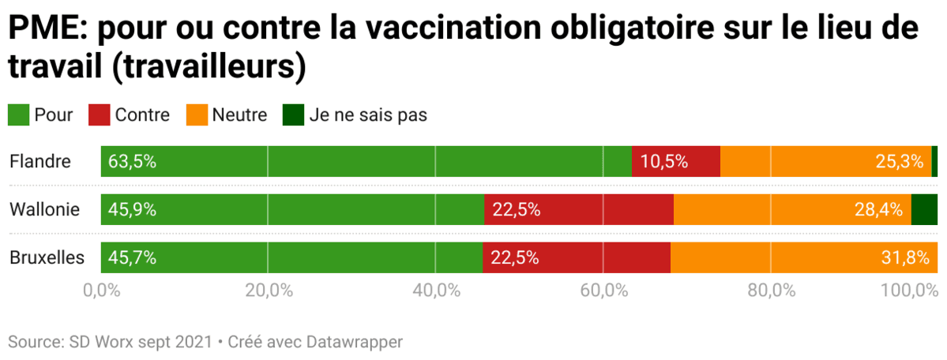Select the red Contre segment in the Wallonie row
[579, 209]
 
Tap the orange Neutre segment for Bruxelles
[803, 257]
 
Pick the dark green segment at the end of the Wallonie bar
[924, 209]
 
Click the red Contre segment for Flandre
[676, 161]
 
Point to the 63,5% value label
[133, 162]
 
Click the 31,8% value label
[908, 257]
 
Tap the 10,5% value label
[664, 162]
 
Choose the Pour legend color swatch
[18, 114]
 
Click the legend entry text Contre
[142, 114]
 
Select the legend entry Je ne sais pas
[367, 114]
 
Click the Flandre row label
[40, 162]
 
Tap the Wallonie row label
[45, 209]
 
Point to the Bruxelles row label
[47, 257]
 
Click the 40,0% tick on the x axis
[436, 290]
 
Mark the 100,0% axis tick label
[909, 290]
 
